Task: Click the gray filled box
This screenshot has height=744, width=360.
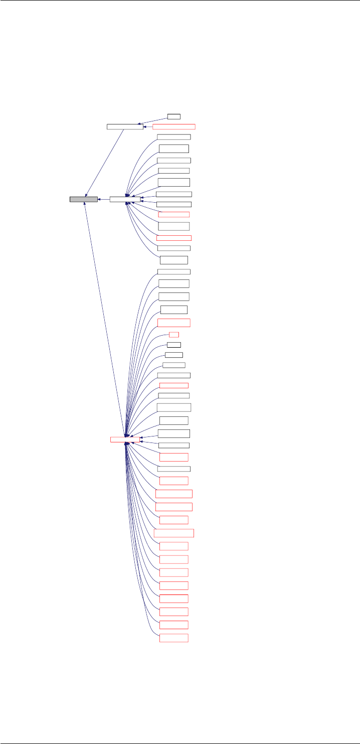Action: [83, 200]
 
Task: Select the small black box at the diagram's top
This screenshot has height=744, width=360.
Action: [174, 116]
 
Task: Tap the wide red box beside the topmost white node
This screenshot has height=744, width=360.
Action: [174, 127]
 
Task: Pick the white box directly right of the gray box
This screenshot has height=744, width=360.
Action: [125, 200]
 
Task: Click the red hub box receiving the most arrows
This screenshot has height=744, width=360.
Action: [125, 439]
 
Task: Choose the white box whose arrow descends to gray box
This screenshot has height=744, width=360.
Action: [125, 126]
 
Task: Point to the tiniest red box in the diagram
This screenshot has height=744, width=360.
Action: [174, 334]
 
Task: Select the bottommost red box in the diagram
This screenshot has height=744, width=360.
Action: [173, 638]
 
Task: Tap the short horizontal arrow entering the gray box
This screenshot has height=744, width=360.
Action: [104, 200]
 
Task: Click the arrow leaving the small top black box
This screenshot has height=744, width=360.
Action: [153, 120]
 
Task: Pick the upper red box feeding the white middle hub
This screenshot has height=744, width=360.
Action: [173, 215]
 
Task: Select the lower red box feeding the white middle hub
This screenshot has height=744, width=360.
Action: [173, 238]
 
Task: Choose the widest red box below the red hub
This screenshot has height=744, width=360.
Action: [174, 533]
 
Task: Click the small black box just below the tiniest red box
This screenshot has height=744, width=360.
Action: [174, 345]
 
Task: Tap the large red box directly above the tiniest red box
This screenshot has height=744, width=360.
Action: [173, 323]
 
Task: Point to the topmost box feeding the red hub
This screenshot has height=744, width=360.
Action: [173, 271]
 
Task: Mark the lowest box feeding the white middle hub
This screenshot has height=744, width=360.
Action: [173, 260]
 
